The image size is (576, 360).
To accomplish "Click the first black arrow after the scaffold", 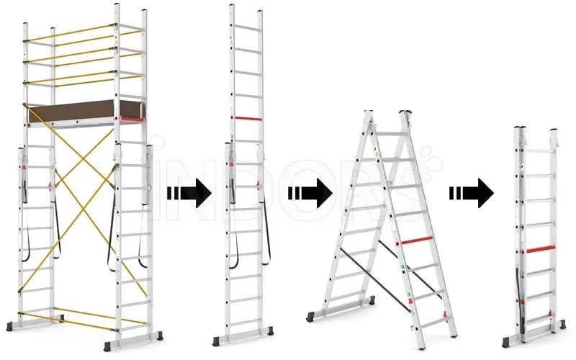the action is click(x=189, y=193).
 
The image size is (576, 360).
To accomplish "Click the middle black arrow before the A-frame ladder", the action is click(x=310, y=193).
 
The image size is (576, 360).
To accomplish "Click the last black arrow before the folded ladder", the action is click(x=472, y=193).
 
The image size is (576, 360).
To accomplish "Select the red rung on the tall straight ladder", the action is click(x=246, y=119).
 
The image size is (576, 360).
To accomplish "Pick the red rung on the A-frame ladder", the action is click(x=417, y=241).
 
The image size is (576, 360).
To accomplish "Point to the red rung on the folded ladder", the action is click(x=541, y=249).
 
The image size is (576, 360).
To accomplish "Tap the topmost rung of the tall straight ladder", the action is click(x=247, y=28).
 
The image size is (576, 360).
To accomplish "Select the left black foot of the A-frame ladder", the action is click(x=311, y=317).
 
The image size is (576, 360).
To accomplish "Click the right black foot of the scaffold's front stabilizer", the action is click(x=160, y=336).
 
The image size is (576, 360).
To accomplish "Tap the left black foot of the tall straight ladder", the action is click(x=217, y=341).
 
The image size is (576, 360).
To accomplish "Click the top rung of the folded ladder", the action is click(x=539, y=151).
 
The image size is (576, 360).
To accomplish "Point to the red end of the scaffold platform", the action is click(x=132, y=119).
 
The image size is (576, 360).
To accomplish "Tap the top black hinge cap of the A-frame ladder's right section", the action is click(x=405, y=112).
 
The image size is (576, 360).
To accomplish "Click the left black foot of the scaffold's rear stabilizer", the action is click(x=10, y=327).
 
